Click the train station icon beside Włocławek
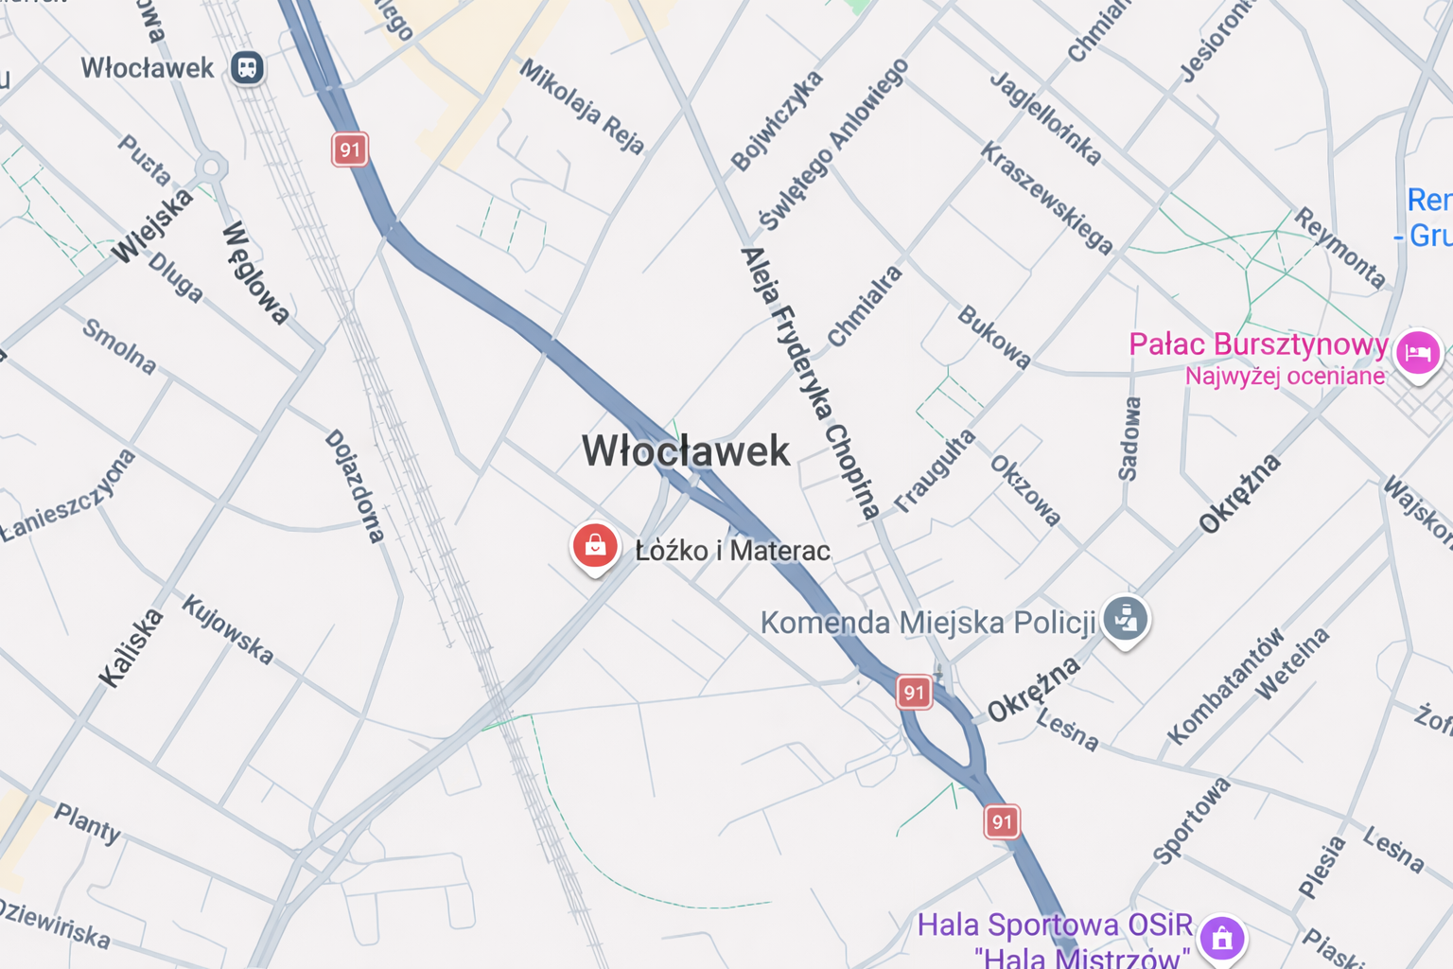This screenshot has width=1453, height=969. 247,68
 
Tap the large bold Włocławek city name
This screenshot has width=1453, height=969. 686,451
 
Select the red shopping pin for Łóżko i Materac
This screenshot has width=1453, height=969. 595,546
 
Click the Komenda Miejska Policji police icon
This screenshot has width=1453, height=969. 1125,619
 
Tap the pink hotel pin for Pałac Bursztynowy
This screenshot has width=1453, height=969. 1417,352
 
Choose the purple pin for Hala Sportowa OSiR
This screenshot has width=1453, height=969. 1221,938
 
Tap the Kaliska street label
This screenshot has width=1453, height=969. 131,648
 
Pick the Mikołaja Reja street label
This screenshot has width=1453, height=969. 582,106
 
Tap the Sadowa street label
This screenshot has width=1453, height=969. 1129,439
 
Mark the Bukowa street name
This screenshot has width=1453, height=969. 993,337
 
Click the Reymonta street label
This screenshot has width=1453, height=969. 1339,248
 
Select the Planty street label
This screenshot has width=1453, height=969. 87,823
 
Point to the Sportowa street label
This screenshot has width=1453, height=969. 1191,820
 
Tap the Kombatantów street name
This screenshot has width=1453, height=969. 1225,686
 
